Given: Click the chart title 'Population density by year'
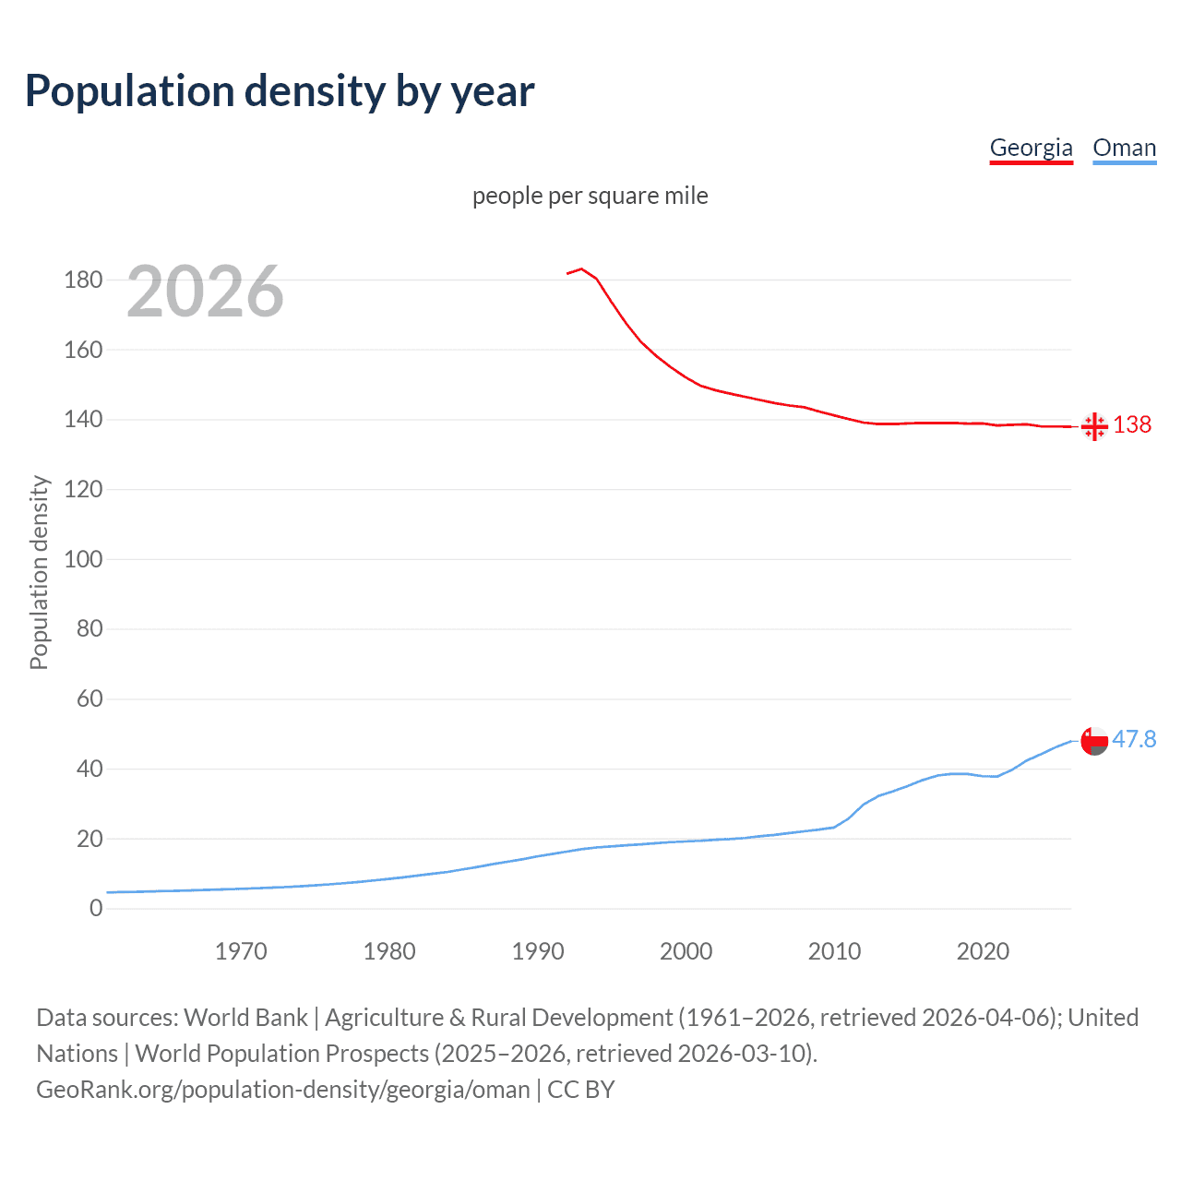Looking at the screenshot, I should click(x=280, y=91).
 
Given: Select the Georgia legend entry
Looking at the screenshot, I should click(x=1031, y=148).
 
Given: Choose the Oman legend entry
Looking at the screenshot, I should click(x=1124, y=148).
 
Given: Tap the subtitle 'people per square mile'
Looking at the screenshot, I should click(x=590, y=196).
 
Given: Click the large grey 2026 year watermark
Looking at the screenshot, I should click(x=205, y=292).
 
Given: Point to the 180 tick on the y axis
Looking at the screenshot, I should click(x=83, y=280).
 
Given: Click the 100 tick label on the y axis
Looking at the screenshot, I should click(x=83, y=559).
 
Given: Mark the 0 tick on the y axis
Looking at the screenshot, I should click(x=96, y=909).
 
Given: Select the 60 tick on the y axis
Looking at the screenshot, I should click(x=89, y=698).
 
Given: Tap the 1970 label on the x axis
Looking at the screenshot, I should click(x=241, y=951).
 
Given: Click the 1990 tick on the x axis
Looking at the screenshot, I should click(x=538, y=951).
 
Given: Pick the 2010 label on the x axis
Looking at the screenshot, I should click(x=834, y=951).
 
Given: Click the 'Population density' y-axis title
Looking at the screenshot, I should click(x=39, y=572).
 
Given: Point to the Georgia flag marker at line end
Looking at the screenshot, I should click(x=1094, y=426).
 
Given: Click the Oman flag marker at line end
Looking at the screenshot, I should click(x=1094, y=741).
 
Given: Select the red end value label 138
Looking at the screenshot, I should click(x=1132, y=424).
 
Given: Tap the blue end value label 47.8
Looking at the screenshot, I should click(x=1134, y=739).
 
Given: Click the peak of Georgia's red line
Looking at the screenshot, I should click(x=581, y=268).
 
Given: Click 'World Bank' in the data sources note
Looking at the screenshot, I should click(x=245, y=1018).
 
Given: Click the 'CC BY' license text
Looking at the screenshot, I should click(x=581, y=1090).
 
